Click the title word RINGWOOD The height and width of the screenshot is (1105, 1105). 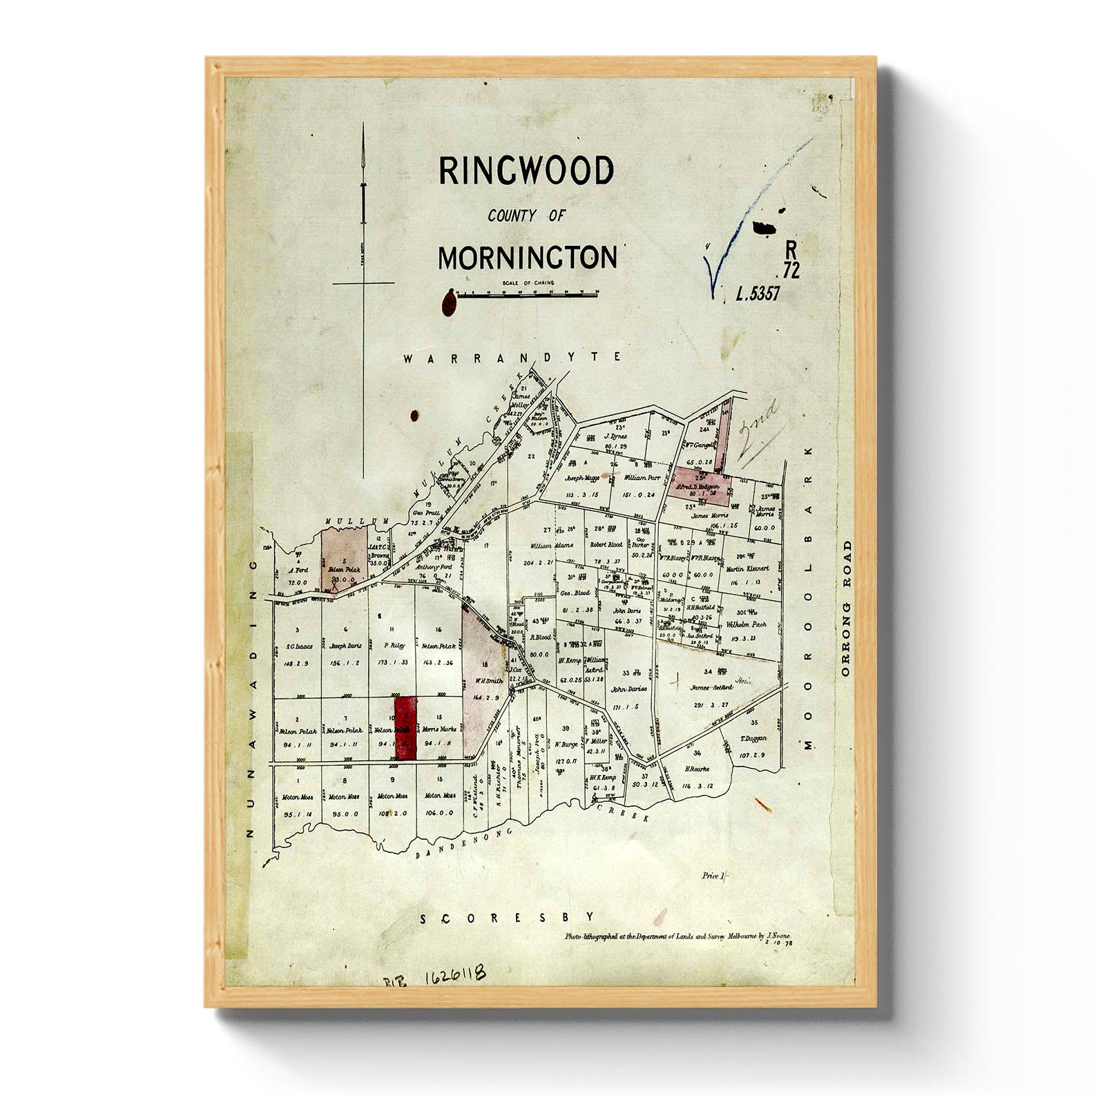point(526,171)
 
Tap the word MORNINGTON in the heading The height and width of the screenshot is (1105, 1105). point(528,258)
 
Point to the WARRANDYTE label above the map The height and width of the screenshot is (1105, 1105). point(512,358)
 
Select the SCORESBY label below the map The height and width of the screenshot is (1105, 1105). point(508,918)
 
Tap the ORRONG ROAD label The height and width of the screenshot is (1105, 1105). point(846,608)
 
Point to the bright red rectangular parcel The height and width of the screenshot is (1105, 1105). point(405,728)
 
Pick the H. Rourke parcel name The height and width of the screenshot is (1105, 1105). point(697,769)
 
